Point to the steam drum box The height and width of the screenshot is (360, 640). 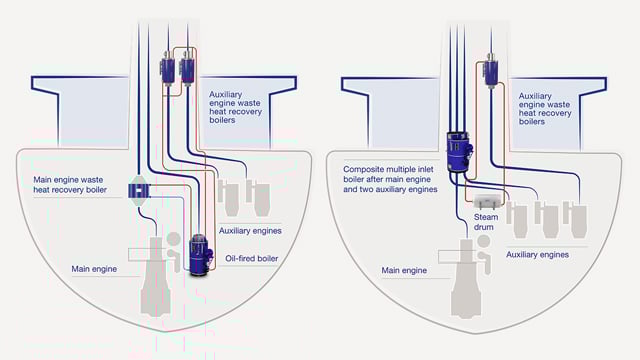[x=485, y=203]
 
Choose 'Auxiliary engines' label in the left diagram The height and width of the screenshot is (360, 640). [x=249, y=229]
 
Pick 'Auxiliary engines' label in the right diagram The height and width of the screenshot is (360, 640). [x=535, y=254]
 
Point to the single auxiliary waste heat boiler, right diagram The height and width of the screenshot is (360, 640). [x=491, y=72]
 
